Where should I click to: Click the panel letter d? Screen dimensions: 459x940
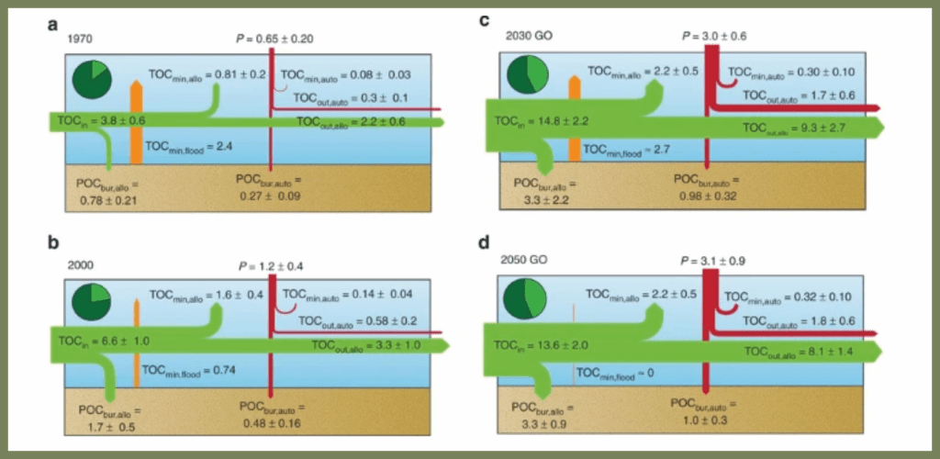coord(486,243)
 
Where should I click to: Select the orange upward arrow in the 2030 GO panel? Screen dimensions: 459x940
coord(576,119)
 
